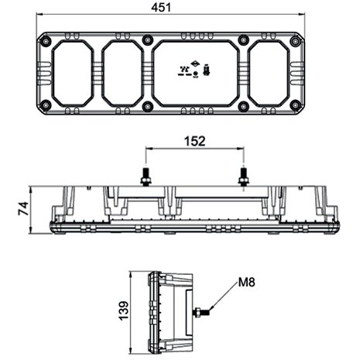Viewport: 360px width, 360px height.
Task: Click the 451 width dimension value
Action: [161, 8]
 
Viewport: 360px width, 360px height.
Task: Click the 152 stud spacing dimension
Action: [195, 141]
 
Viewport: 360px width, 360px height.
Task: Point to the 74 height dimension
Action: [23, 209]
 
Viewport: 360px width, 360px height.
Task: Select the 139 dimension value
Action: [124, 310]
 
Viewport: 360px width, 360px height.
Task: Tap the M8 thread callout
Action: [246, 282]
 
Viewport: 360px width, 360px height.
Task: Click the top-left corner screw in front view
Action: [46, 42]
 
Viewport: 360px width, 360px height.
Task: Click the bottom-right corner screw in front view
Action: [295, 105]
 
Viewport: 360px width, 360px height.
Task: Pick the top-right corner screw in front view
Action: [295, 41]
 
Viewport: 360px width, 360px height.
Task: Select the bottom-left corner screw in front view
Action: [46, 105]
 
